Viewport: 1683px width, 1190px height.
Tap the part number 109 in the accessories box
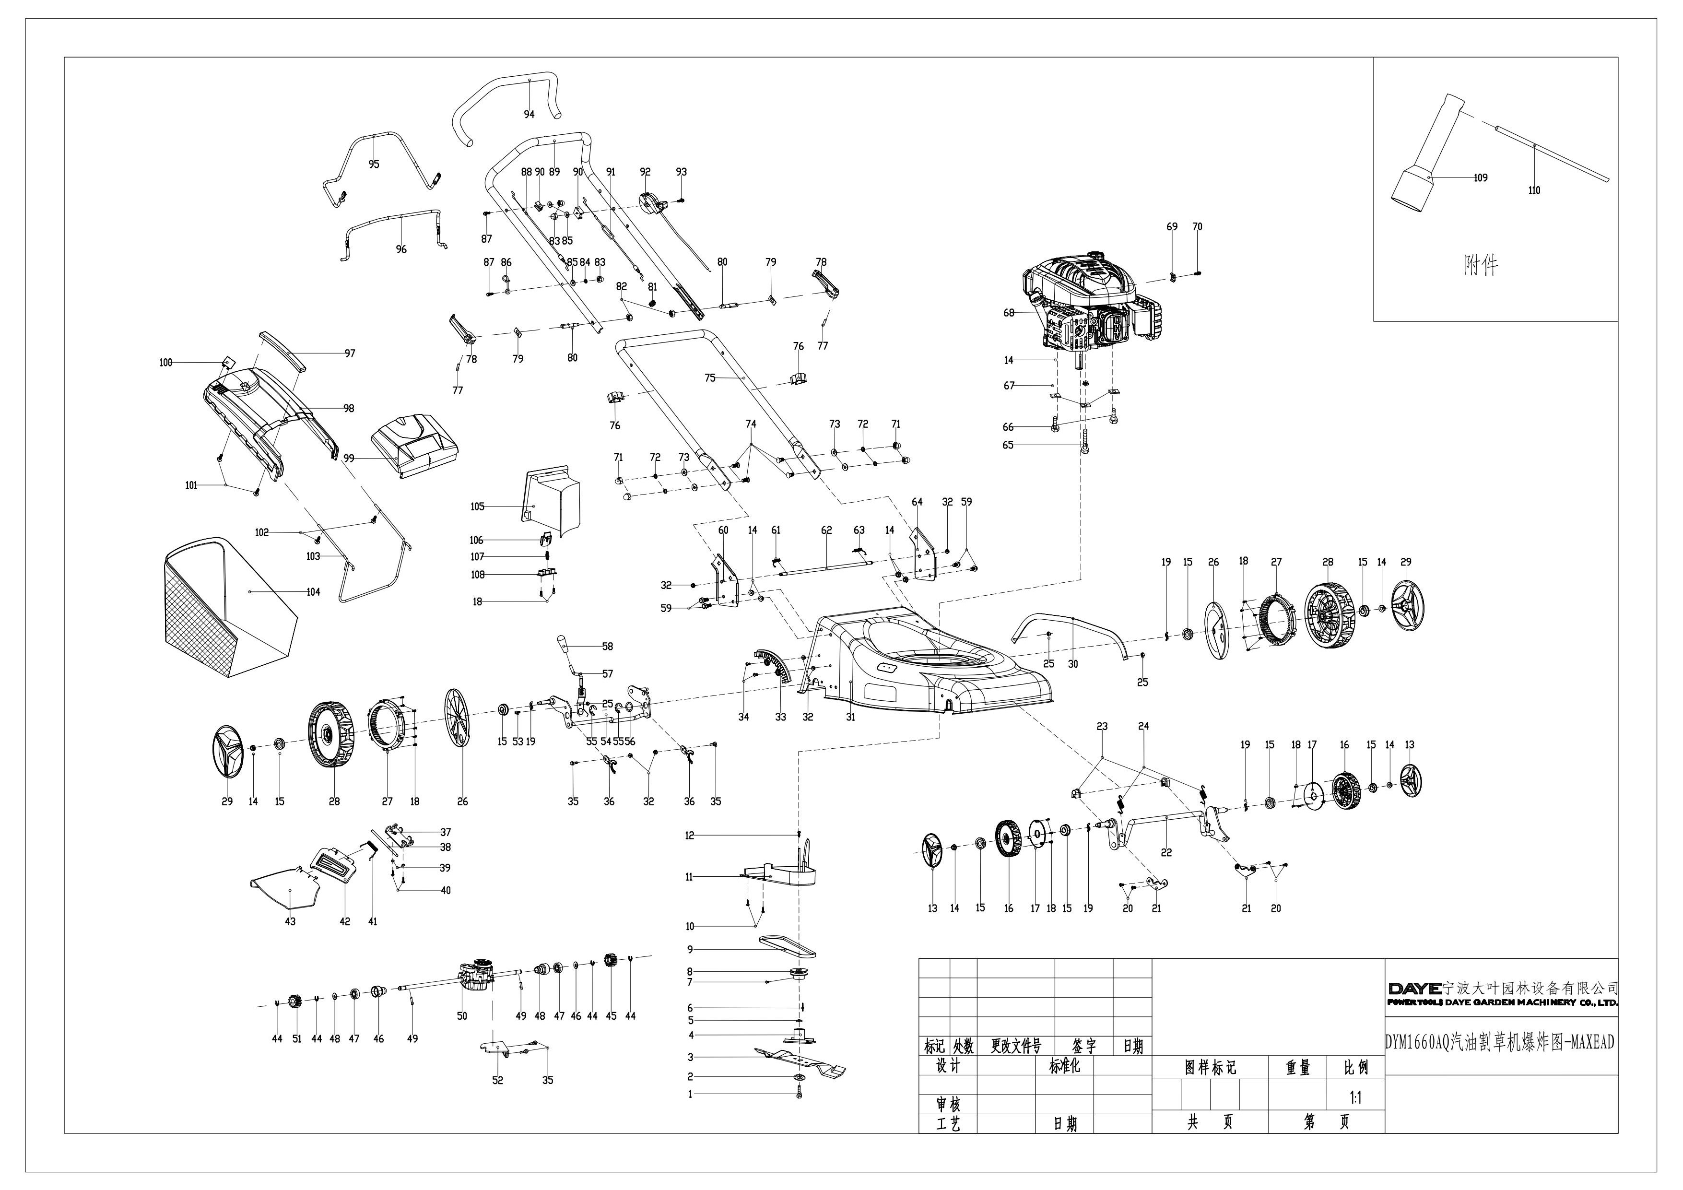point(1480,177)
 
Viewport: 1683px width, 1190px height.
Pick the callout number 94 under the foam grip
point(529,114)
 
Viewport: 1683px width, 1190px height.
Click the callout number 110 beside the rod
point(1534,190)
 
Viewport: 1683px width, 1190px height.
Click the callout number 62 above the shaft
point(827,530)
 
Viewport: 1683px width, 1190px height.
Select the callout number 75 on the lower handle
point(709,378)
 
